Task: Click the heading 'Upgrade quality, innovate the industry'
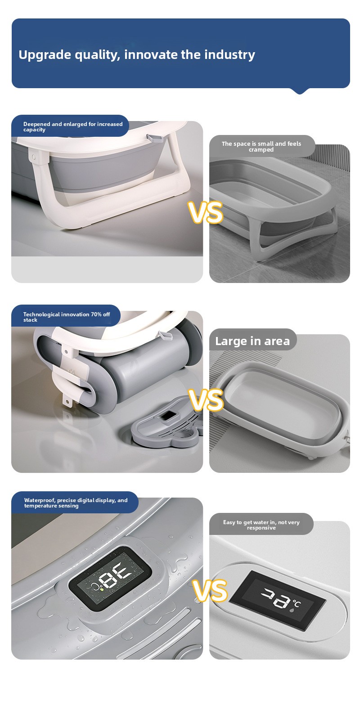tap(136, 55)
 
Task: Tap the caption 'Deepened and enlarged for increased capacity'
tap(73, 126)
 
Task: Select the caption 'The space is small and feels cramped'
tap(261, 147)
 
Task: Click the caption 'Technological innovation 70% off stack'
tap(67, 317)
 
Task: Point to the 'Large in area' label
tap(252, 341)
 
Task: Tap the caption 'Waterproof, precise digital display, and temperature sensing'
tap(76, 503)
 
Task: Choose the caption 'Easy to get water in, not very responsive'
tap(261, 525)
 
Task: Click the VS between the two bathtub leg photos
tap(206, 212)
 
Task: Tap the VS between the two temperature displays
tap(210, 590)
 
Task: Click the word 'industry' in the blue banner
tap(229, 55)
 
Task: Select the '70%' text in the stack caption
tap(96, 314)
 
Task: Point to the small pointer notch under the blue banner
tap(300, 91)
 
